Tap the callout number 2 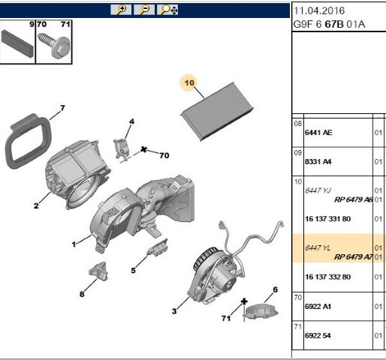pyautogui.click(x=35, y=205)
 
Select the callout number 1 pyautogui.click(x=74, y=244)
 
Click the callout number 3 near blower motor pyautogui.click(x=173, y=310)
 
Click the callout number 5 pyautogui.click(x=134, y=271)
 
